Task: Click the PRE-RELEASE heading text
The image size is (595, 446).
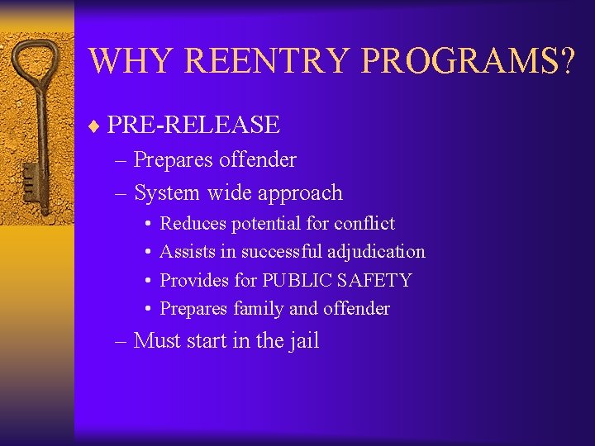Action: coord(193,125)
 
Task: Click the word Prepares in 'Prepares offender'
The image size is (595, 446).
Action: coord(174,159)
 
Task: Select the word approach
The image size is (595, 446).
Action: coord(300,193)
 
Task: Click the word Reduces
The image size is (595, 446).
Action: coord(193,223)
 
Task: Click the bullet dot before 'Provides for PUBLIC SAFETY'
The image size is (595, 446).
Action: coord(145,281)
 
